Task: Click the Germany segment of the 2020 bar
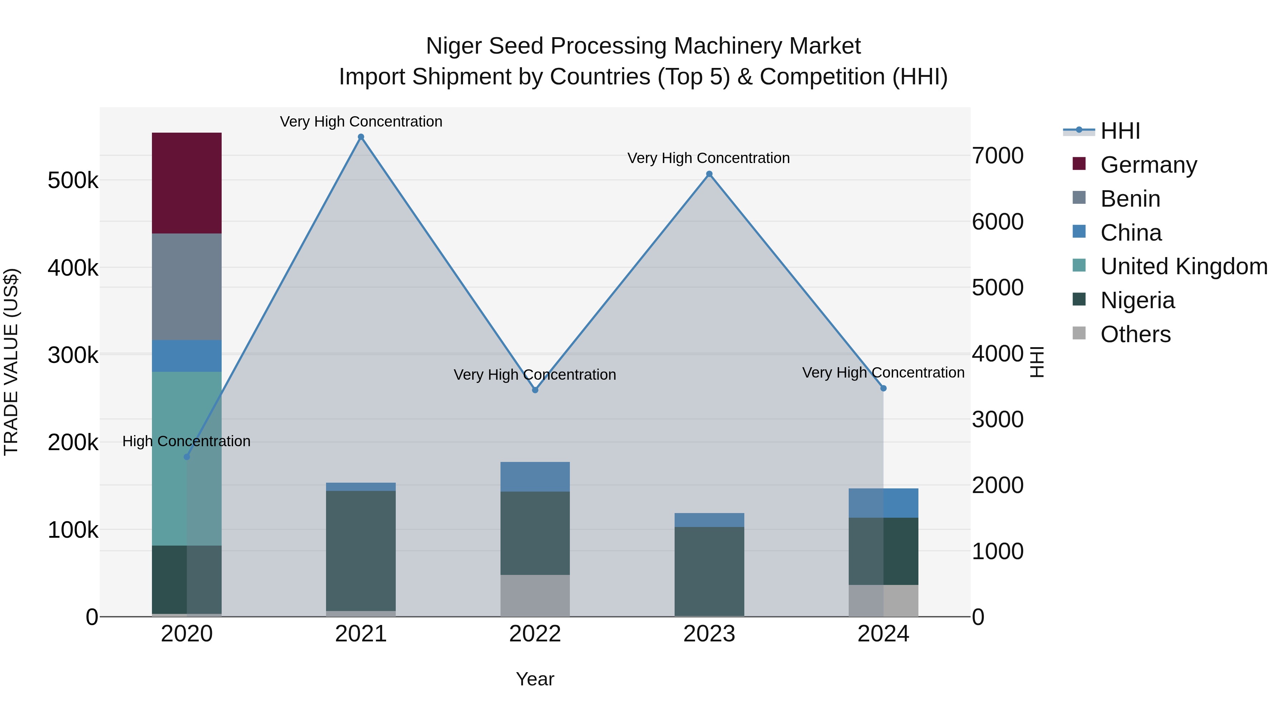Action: (186, 183)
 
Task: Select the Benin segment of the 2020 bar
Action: (186, 286)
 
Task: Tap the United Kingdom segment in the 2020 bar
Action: (186, 458)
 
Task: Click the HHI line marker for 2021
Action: (361, 137)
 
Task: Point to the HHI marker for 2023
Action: (709, 174)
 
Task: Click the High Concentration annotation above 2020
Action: (186, 441)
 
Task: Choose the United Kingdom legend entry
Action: (1184, 266)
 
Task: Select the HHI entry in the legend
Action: (1120, 131)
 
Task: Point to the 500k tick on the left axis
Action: (73, 181)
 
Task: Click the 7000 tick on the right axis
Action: (997, 156)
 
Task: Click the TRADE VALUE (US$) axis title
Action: (11, 362)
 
